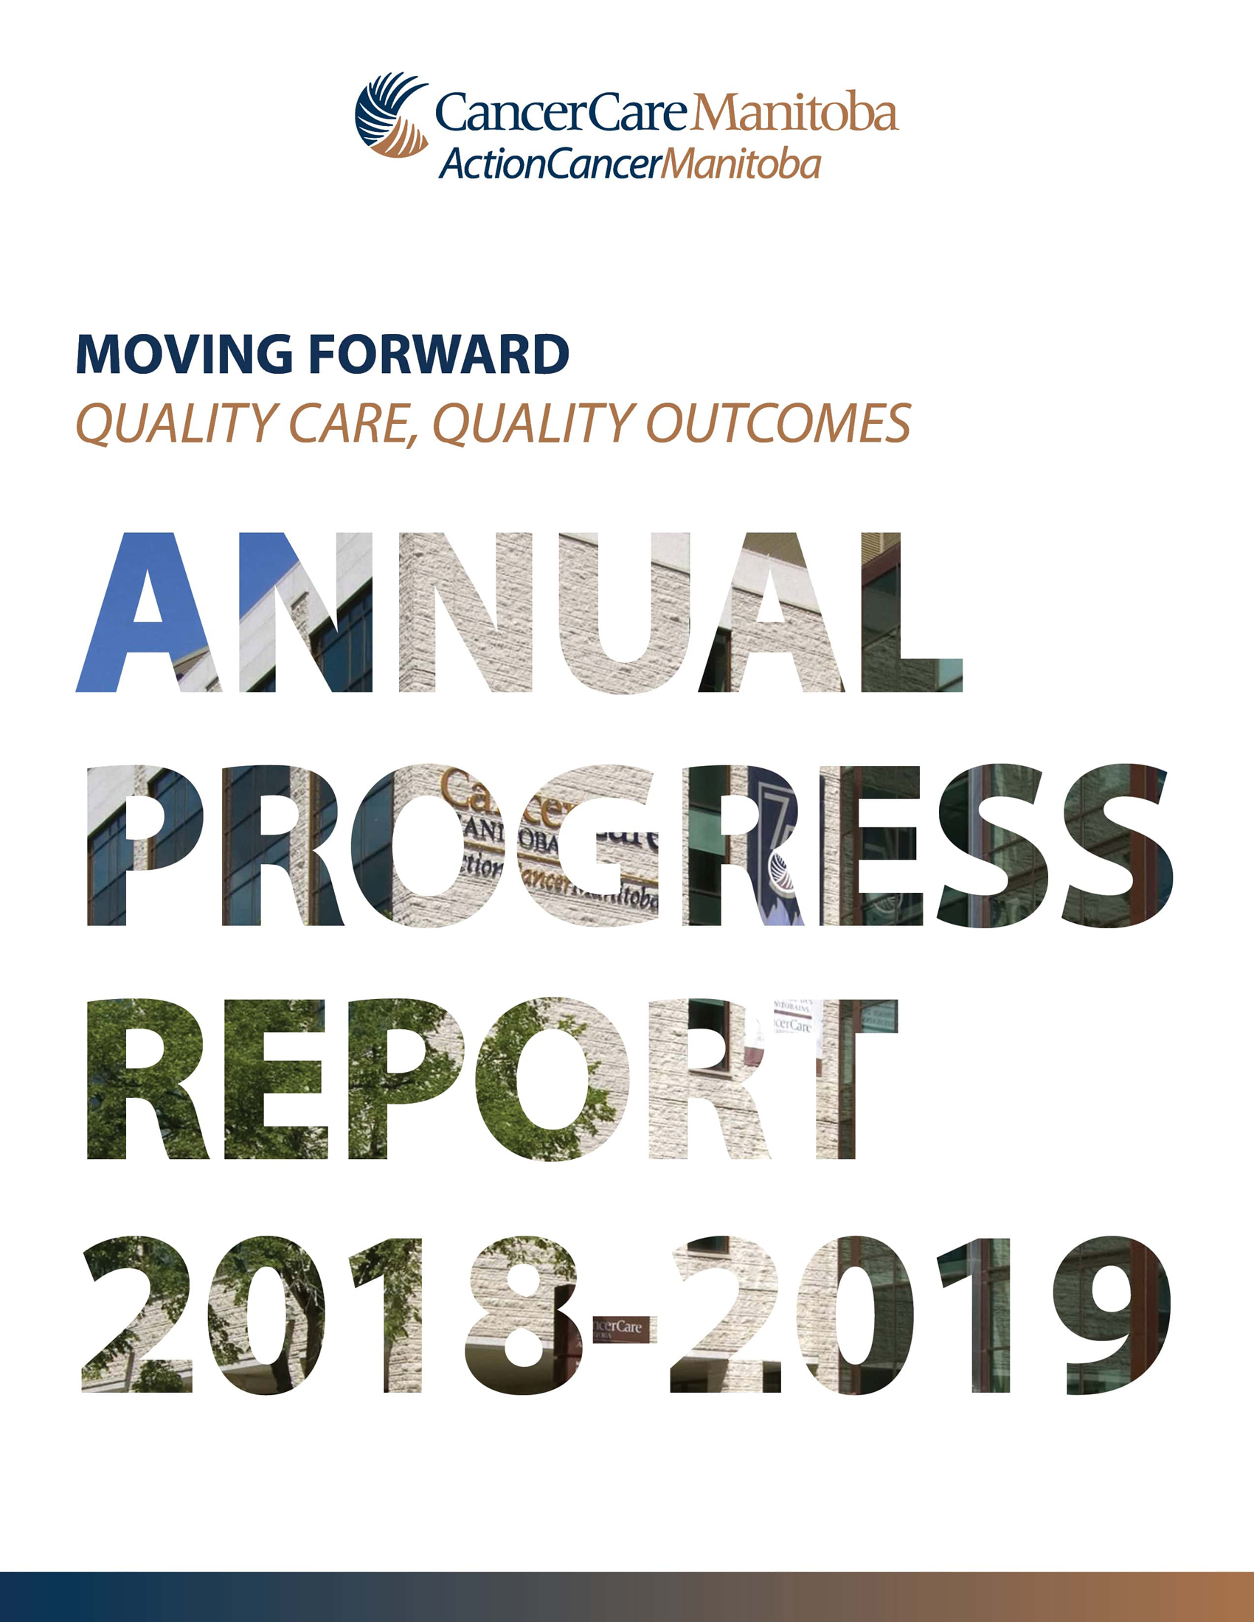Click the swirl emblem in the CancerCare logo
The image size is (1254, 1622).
click(391, 114)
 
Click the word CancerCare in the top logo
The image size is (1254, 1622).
click(561, 113)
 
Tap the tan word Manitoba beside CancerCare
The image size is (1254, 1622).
click(794, 112)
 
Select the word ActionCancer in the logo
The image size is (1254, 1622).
click(550, 164)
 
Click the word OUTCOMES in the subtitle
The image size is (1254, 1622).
click(778, 423)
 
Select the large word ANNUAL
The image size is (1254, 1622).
click(519, 613)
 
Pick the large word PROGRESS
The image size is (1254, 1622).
click(630, 846)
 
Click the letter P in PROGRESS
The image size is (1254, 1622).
click(145, 846)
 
